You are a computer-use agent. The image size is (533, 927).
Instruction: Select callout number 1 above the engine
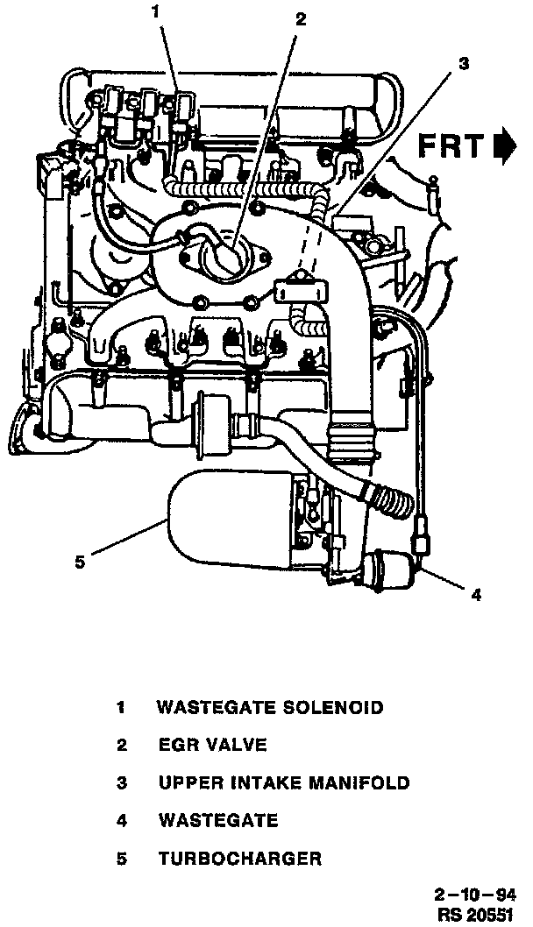(157, 12)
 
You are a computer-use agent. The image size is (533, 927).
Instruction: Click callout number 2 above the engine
(301, 19)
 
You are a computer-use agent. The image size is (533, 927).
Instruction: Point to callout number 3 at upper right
(464, 63)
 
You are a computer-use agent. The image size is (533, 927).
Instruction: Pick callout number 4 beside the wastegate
(476, 597)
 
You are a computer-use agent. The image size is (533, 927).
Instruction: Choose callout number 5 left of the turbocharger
(80, 562)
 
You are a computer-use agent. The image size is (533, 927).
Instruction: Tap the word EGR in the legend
(176, 746)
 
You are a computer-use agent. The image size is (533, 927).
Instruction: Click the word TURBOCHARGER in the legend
(239, 859)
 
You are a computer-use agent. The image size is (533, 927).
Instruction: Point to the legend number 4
(122, 821)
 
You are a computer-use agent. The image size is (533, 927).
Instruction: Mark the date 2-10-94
(473, 895)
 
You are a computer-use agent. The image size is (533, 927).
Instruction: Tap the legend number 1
(122, 707)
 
